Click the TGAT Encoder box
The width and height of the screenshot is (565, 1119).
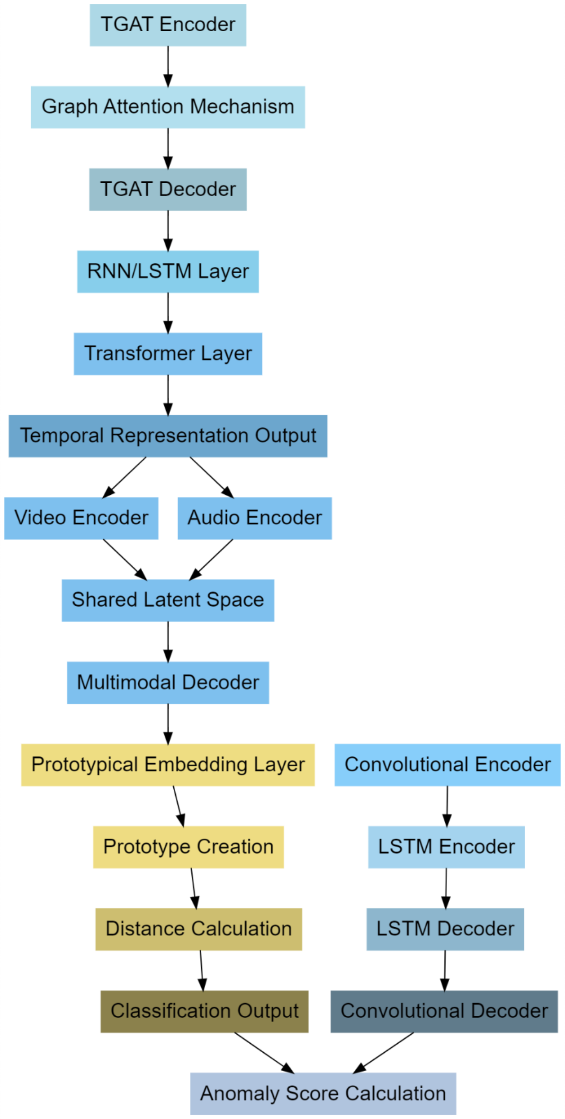[168, 25]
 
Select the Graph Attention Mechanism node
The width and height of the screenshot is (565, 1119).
[168, 107]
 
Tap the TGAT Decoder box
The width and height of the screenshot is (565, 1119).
[168, 189]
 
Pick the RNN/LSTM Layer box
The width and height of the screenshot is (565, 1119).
[168, 271]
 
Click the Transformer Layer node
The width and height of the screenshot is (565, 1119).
[168, 354]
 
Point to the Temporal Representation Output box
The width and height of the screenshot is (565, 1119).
[168, 436]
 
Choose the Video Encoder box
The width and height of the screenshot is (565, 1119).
[81, 518]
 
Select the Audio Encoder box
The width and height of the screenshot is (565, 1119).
[254, 518]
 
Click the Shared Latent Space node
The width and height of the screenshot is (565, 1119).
[168, 600]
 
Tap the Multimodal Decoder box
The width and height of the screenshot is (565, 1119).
[168, 682]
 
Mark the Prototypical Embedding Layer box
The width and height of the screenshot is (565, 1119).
[168, 765]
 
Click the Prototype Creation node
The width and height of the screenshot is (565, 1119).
[188, 847]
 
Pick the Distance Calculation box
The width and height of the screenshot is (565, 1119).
[198, 929]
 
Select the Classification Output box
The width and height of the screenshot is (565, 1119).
[204, 1011]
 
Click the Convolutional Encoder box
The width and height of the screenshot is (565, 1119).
[447, 765]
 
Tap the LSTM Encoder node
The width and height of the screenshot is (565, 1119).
[446, 847]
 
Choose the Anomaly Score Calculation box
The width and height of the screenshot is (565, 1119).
[323, 1093]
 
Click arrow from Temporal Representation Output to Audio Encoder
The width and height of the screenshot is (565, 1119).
[211, 477]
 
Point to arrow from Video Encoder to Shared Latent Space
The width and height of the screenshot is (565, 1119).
[125, 559]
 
